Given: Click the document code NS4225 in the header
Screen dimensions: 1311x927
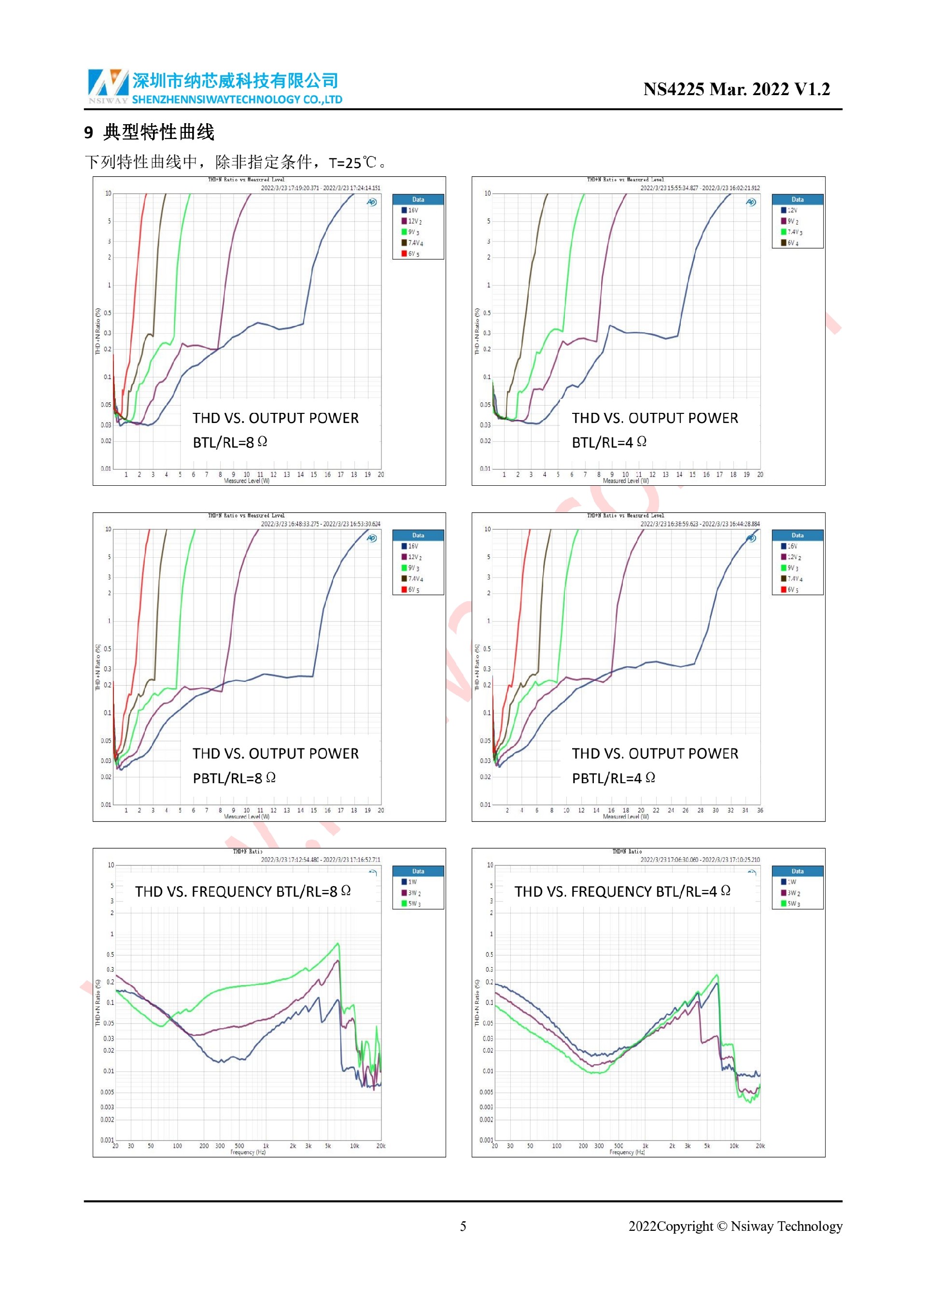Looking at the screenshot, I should coord(673,90).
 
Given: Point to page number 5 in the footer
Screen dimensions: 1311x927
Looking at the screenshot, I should coord(463,1226).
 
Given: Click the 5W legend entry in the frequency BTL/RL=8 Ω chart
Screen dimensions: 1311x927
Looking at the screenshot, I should coord(413,904).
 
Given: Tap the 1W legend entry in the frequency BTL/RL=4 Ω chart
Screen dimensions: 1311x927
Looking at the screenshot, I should coord(792,882).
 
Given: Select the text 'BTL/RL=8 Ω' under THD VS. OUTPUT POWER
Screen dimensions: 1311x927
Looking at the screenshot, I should coord(229,442).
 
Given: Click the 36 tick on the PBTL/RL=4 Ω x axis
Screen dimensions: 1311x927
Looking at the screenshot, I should coord(760,810).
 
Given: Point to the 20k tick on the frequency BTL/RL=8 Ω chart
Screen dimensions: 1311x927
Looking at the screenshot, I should coord(381,1146).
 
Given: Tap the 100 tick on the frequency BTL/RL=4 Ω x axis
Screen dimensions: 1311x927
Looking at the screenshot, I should coord(557,1146).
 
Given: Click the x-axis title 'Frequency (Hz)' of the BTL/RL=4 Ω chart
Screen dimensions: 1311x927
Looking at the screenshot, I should coord(627,1152).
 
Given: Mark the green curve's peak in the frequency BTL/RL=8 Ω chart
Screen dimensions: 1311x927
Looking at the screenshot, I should coord(338,944).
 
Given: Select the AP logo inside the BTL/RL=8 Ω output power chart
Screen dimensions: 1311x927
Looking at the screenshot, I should coord(372,202).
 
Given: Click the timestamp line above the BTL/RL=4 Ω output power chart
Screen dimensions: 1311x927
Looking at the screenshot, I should coord(699,188).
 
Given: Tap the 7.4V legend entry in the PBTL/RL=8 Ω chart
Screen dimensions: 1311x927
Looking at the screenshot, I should coord(414,579).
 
